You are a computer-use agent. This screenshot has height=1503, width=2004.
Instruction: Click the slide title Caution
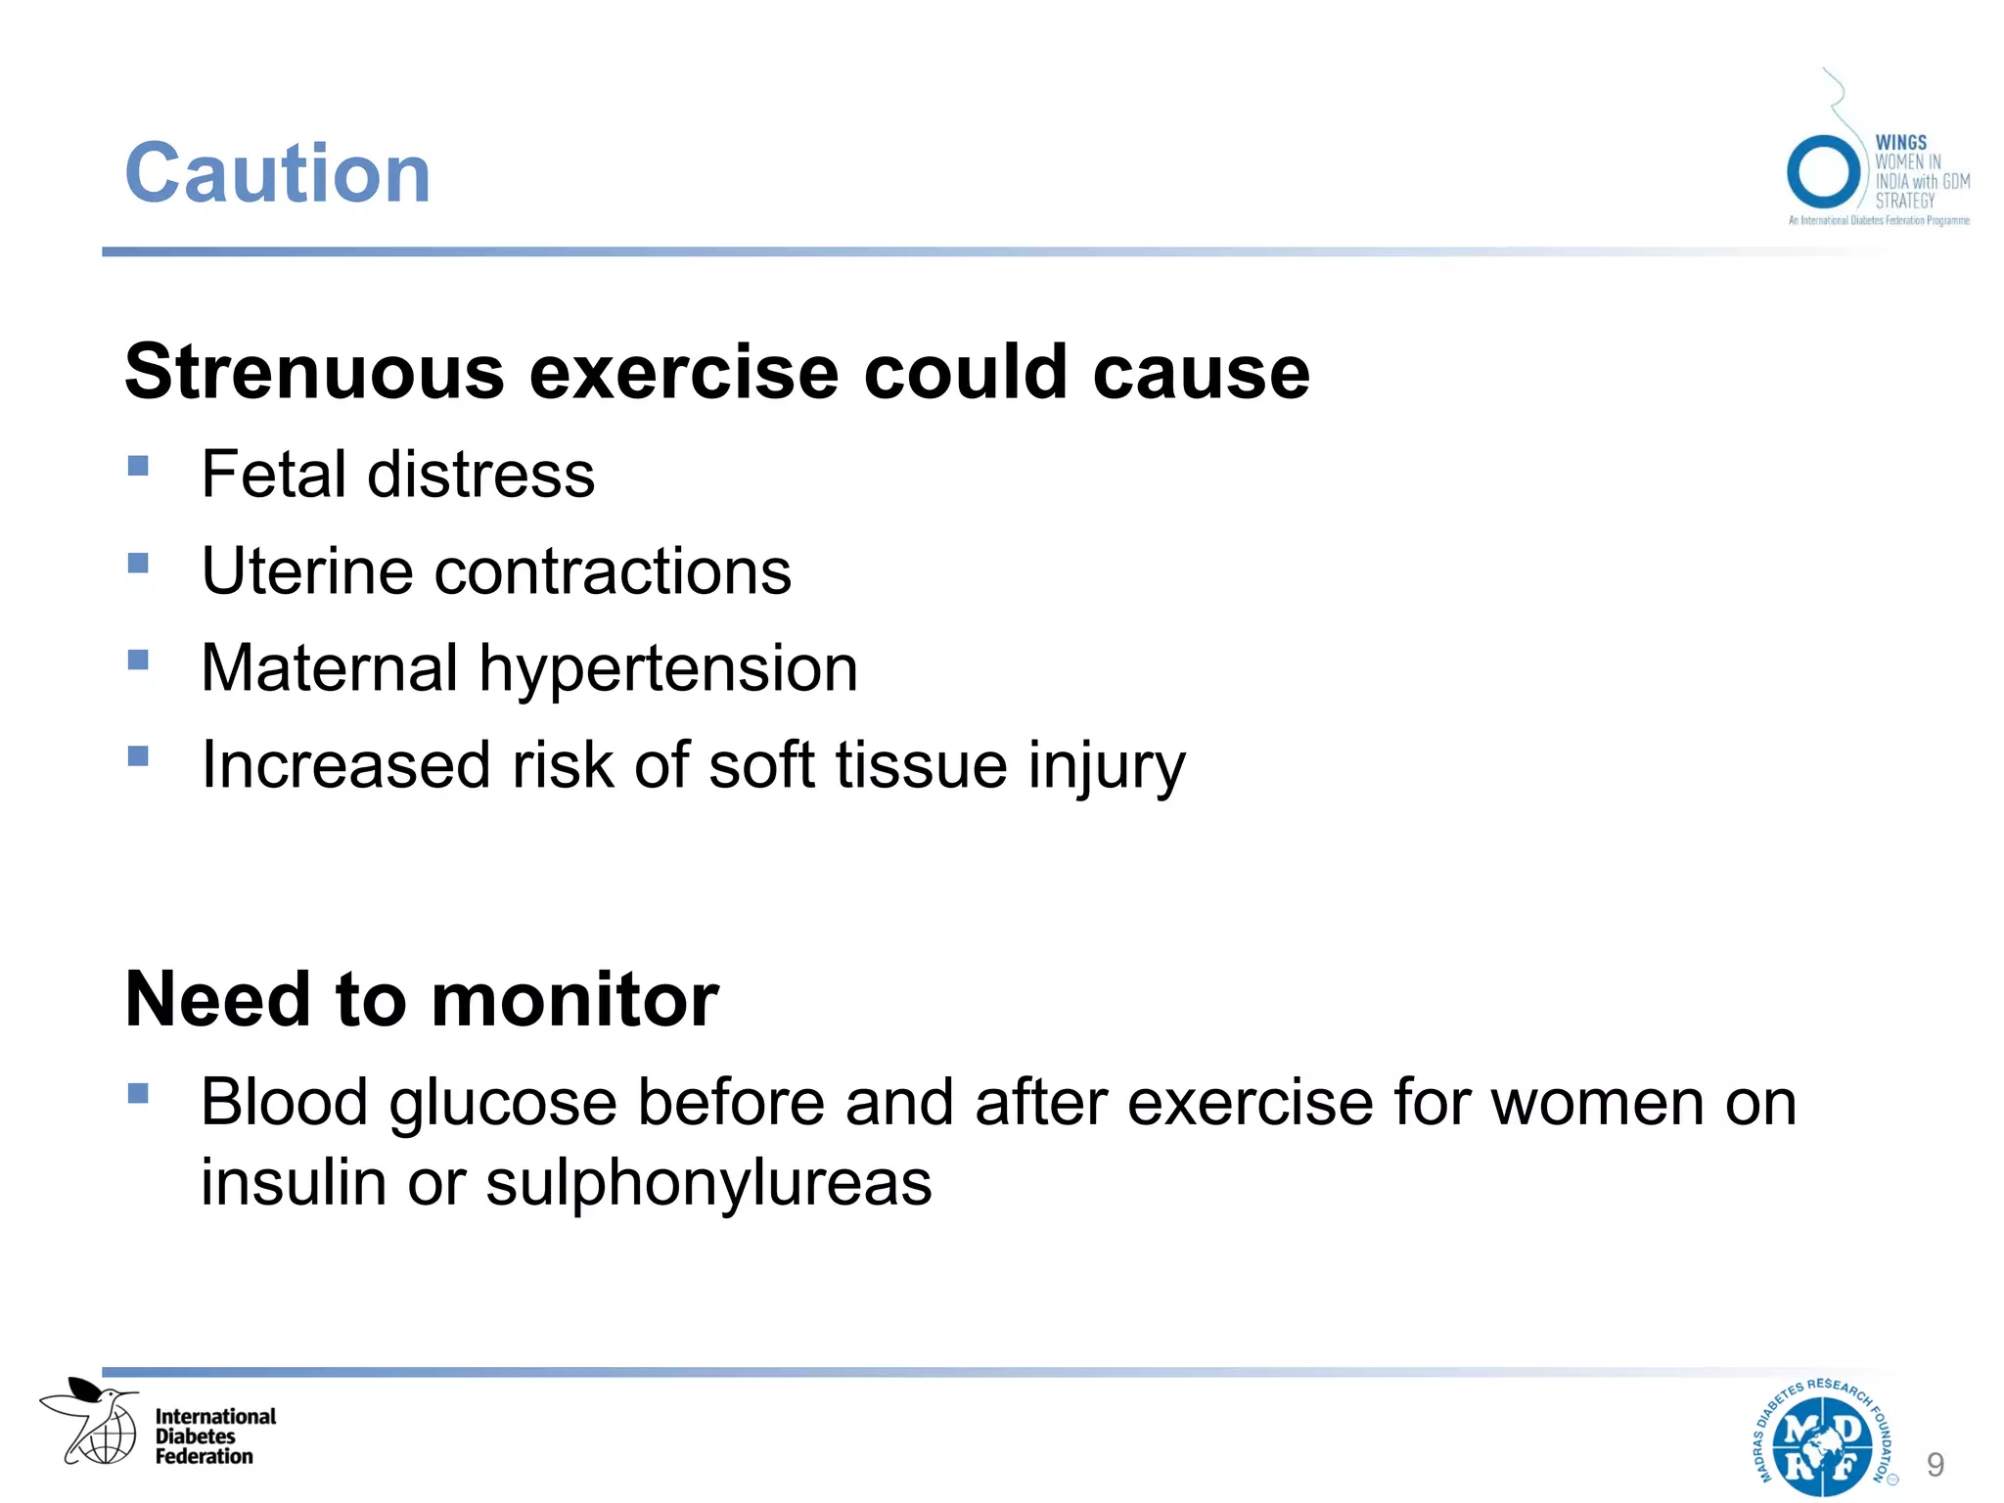[x=278, y=174]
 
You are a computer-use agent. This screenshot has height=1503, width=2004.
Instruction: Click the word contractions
[x=612, y=571]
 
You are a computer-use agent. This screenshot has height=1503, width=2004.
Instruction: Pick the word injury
[x=1106, y=766]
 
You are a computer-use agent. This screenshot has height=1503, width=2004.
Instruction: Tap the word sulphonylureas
[x=708, y=1182]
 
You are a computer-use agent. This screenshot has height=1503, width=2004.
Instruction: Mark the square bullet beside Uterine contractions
[x=138, y=563]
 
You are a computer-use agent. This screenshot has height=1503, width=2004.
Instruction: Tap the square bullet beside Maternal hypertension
[x=138, y=660]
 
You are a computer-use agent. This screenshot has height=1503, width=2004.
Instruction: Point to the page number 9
[x=1935, y=1465]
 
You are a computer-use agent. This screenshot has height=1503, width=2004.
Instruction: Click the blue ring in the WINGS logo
[x=1822, y=171]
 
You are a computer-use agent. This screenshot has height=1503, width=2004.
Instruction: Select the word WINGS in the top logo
[x=1900, y=143]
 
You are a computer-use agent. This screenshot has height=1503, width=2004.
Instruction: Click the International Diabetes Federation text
[x=215, y=1436]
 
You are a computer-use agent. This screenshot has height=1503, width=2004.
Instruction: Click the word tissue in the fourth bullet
[x=921, y=766]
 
